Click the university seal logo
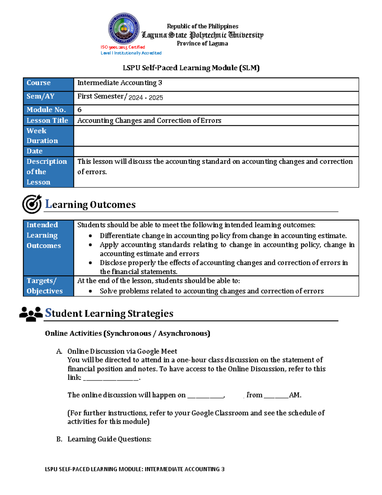tap(124, 29)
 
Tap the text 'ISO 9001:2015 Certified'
tap(123, 47)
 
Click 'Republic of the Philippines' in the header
tap(202, 26)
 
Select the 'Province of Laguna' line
tap(202, 44)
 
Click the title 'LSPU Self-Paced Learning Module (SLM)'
tap(191, 68)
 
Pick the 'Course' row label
tap(39, 83)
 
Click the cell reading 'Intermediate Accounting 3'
tap(120, 83)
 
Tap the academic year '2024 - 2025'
tap(145, 98)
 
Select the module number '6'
tap(80, 110)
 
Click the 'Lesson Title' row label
tap(47, 120)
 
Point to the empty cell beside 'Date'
tap(216, 151)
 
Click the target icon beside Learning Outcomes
tap(32, 204)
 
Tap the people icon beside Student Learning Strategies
tap(31, 314)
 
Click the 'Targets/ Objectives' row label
tap(45, 286)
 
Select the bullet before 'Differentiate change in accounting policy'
tap(91, 236)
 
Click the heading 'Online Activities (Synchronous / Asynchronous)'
tap(127, 333)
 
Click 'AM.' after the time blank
tap(295, 395)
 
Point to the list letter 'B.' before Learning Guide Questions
tap(59, 439)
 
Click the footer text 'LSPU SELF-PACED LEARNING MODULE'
tap(94, 469)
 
